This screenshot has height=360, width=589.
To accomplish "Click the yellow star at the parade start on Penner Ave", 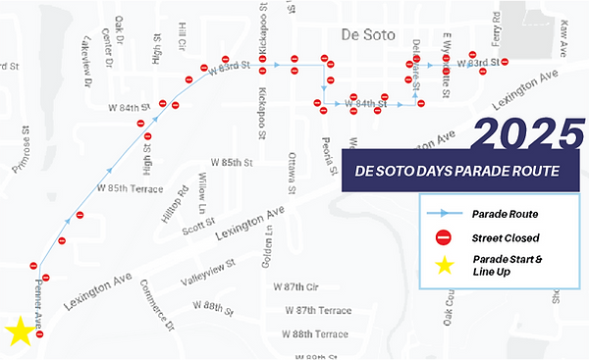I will click(x=20, y=332).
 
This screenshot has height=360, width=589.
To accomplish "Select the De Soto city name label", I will click(x=366, y=35).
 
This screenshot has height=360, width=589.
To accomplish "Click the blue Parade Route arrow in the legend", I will click(x=444, y=213).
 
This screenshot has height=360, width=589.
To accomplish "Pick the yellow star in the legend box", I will click(x=444, y=264).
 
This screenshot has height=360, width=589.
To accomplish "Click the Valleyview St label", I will click(x=206, y=267).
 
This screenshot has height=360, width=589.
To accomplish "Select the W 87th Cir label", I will click(x=298, y=287).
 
